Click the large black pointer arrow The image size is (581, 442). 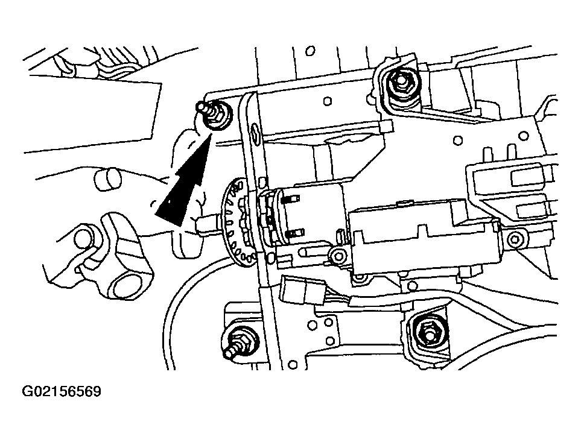(x=181, y=187)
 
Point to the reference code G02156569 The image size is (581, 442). (x=62, y=392)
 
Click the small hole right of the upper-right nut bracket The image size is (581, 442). (x=458, y=141)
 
